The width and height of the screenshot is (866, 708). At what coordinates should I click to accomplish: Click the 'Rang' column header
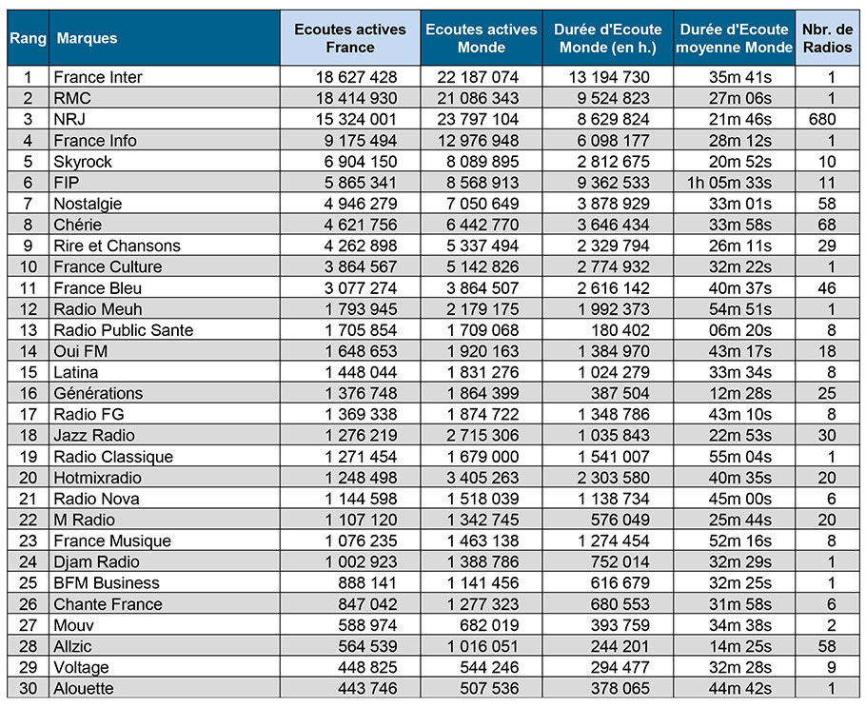coord(28,38)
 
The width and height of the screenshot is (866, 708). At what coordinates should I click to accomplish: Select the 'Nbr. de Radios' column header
coord(827,38)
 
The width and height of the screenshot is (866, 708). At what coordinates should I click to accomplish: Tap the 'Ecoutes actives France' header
coord(350,38)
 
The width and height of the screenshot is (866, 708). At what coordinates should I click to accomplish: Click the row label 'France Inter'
coord(98,77)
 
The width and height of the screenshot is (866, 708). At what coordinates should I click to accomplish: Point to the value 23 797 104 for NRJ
coord(478,119)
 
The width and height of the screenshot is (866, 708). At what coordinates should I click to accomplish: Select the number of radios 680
coord(822,119)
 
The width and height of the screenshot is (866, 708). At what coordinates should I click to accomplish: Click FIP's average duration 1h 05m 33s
coord(729,183)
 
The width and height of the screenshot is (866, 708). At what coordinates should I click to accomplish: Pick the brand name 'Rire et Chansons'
coord(117,246)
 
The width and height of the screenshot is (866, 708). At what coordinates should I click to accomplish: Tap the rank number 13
coord(29,330)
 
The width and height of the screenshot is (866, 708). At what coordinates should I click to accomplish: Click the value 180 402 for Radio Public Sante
coord(620,330)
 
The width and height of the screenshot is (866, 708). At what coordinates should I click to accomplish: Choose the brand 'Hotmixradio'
coord(98,478)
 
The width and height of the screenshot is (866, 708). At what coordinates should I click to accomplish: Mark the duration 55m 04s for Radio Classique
coord(740,457)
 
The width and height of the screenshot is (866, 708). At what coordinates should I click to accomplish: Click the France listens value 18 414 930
coord(356,98)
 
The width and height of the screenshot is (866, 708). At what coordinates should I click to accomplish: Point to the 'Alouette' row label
coord(84,689)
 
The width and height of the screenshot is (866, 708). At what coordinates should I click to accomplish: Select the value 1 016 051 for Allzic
coord(482,646)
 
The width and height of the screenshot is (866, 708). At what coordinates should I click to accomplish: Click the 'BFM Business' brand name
coord(107,583)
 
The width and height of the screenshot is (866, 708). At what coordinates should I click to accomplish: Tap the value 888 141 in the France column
coord(368,583)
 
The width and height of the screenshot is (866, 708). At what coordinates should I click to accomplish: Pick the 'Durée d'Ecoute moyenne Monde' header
coord(735,38)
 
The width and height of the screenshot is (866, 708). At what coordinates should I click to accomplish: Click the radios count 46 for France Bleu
coord(827,288)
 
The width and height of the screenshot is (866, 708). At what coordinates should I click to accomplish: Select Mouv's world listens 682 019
coord(489,625)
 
